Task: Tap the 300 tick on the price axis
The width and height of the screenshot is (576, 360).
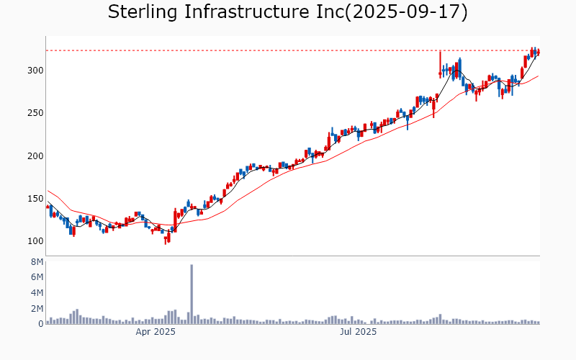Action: (36, 71)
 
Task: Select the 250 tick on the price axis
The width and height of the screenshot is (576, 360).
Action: (36, 113)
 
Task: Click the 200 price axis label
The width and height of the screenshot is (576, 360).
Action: (36, 156)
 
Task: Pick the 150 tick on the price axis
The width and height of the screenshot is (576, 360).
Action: (36, 199)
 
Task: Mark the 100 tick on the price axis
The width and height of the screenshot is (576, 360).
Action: (36, 241)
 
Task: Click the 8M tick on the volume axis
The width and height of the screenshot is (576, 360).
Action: (37, 261)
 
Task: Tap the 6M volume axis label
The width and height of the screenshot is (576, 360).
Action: (37, 277)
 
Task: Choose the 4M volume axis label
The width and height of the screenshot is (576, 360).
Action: (37, 293)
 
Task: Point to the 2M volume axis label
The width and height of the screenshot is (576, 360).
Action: (37, 308)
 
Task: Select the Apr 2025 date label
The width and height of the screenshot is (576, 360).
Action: (156, 333)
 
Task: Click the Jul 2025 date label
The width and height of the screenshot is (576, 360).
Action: (358, 333)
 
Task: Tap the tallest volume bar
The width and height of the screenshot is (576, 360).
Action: (192, 295)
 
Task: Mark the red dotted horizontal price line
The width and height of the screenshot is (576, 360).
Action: (288, 50)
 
